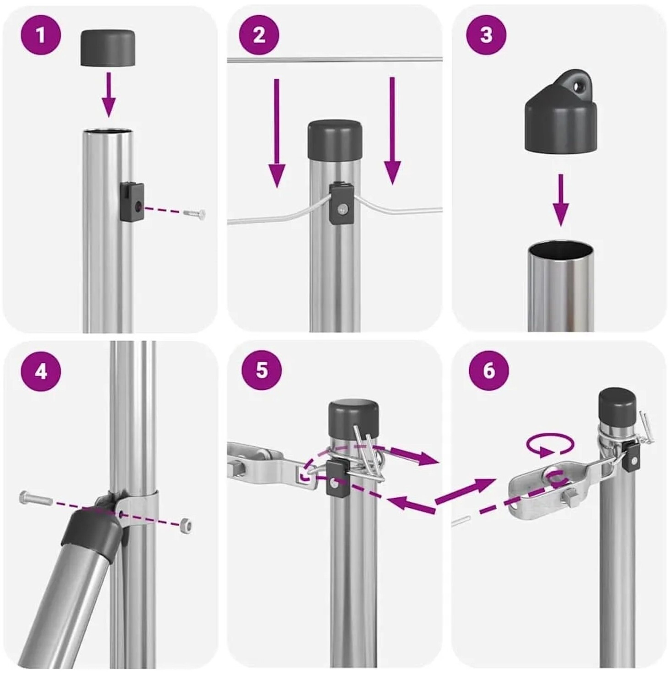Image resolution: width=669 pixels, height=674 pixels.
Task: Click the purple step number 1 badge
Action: coord(41,35)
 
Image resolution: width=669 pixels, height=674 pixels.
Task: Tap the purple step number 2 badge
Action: coord(259,35)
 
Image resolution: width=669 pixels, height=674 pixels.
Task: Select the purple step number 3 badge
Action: coord(486,35)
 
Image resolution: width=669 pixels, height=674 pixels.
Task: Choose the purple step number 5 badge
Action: coord(262,370)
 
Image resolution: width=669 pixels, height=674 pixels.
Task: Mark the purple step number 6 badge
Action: coord(489,370)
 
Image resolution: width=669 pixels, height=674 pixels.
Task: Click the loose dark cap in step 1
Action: coord(108,48)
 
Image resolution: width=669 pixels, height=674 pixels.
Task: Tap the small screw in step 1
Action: coord(194,213)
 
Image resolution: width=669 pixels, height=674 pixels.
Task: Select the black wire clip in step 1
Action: coord(132,202)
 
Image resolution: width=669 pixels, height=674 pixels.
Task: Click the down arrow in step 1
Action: coord(108,94)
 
